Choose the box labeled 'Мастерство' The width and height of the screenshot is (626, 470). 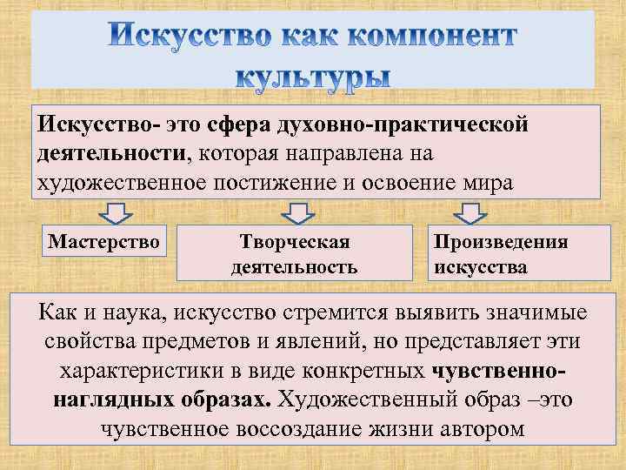[103, 241]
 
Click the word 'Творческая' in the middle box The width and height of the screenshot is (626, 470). [294, 241]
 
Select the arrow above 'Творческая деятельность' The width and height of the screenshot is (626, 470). [297, 211]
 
